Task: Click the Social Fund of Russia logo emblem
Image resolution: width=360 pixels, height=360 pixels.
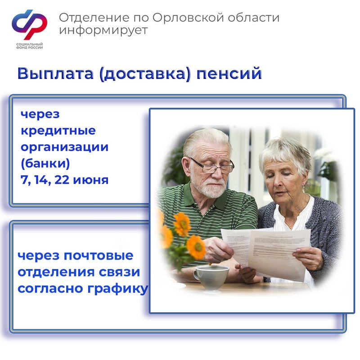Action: tap(29, 25)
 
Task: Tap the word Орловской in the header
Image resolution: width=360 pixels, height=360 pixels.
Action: tap(188, 18)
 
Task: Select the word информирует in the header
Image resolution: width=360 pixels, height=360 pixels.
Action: tap(103, 31)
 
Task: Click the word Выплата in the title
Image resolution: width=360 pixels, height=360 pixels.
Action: tap(55, 74)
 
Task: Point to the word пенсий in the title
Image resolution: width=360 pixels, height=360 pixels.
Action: tap(229, 74)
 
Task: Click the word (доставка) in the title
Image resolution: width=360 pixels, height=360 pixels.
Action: tap(145, 74)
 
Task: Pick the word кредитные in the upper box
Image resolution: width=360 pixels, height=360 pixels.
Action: tap(58, 131)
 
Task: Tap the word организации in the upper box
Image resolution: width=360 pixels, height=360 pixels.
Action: tap(64, 147)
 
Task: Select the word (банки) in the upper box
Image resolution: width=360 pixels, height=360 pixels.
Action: tap(45, 164)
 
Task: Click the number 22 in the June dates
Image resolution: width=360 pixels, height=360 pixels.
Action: tap(62, 180)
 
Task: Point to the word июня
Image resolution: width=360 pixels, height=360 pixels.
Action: tap(91, 180)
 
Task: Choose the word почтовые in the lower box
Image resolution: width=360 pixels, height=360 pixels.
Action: tap(98, 255)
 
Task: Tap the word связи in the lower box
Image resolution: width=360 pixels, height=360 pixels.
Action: tap(119, 272)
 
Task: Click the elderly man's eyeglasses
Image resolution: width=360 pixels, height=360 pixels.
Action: tap(211, 165)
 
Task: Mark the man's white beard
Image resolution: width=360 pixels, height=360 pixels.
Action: tap(214, 189)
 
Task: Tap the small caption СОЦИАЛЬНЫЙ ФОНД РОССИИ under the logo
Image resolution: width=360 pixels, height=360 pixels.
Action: tap(29, 46)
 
